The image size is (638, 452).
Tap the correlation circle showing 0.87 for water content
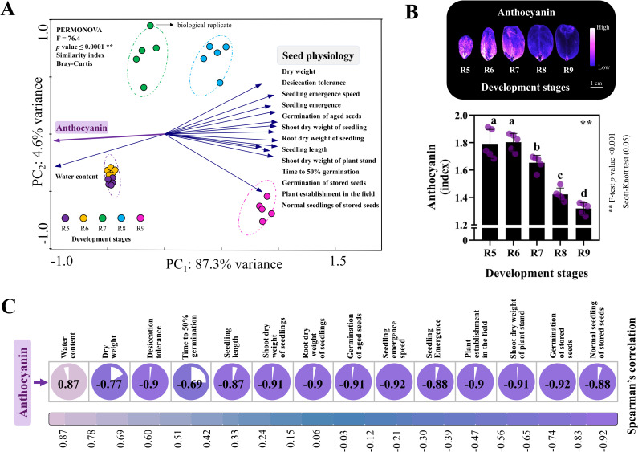(68, 383)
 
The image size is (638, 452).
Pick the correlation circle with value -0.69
(190, 383)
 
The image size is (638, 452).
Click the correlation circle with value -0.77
(110, 383)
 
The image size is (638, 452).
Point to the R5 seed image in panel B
(465, 47)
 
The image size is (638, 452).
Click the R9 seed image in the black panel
(567, 43)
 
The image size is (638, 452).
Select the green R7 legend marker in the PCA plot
(103, 218)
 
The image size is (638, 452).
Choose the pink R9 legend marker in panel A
(140, 218)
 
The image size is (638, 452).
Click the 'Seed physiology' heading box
(318, 55)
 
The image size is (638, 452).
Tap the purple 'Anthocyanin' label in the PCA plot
(82, 128)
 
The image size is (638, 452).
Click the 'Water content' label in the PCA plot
(76, 177)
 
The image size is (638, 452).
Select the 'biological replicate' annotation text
(205, 25)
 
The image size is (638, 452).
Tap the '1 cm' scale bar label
(596, 83)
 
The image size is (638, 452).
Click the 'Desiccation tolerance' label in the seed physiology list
(314, 83)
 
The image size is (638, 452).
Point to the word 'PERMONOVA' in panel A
(79, 30)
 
